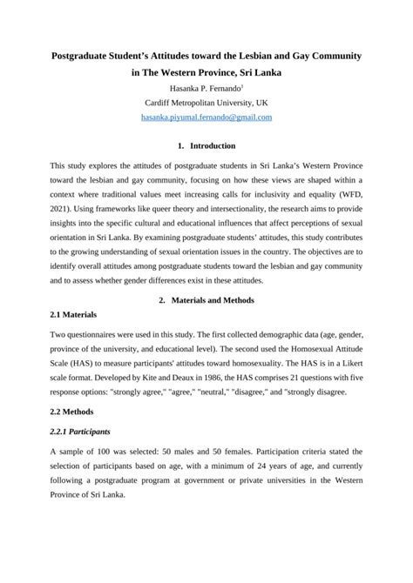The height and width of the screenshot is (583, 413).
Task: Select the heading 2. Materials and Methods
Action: click(206, 300)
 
